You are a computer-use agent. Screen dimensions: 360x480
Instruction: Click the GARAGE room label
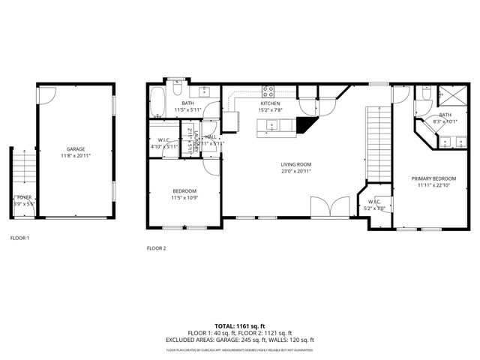point(74,149)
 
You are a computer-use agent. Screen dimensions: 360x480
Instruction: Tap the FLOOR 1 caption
point(19,238)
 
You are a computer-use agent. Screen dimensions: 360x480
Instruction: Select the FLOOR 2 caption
point(156,247)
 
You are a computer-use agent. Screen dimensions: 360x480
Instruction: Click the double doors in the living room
point(330,205)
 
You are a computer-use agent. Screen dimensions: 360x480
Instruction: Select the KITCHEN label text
point(271,103)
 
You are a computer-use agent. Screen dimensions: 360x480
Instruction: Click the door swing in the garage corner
point(46,95)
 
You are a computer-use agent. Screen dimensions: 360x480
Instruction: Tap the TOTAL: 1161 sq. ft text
point(239,326)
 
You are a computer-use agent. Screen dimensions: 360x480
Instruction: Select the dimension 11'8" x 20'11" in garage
point(74,155)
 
